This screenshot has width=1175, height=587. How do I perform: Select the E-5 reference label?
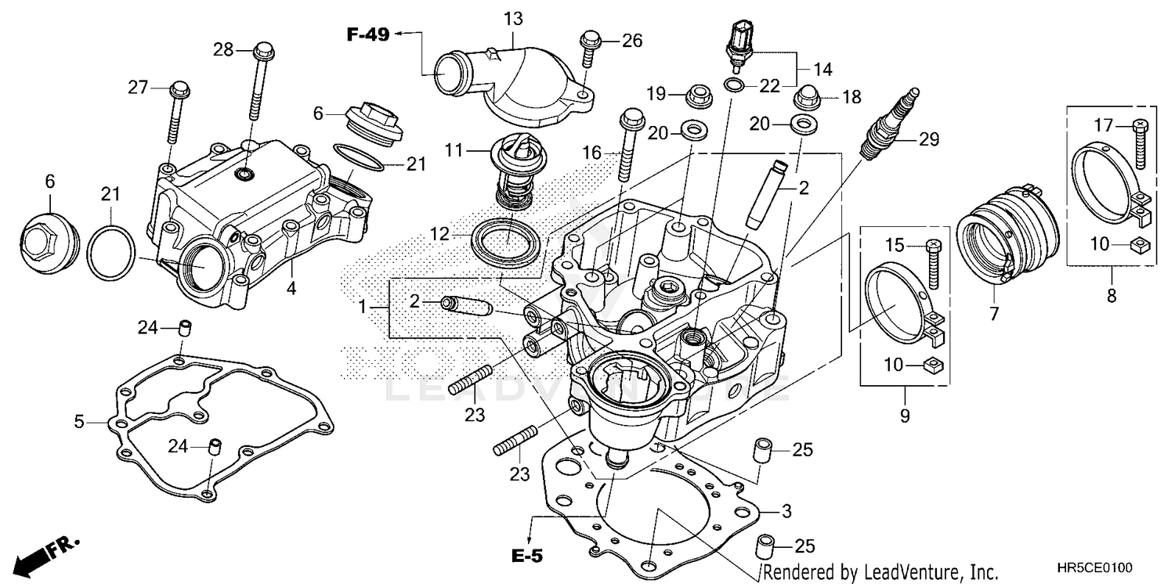(x=527, y=556)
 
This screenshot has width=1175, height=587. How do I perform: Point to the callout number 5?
(x=79, y=422)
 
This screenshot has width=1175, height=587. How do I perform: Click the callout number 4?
(x=291, y=288)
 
